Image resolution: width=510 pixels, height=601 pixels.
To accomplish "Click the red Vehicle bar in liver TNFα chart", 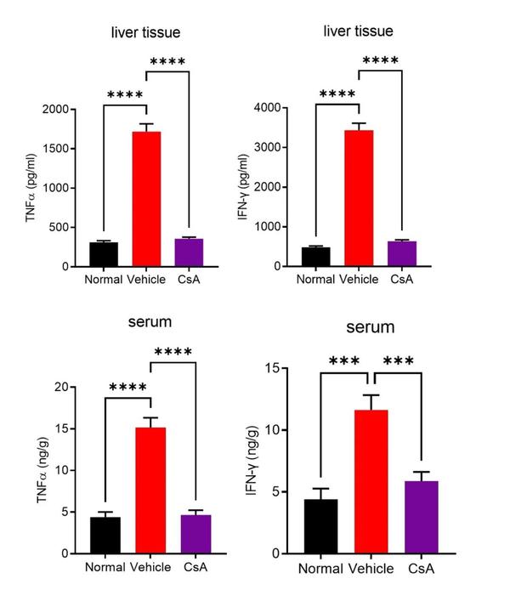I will (148, 199).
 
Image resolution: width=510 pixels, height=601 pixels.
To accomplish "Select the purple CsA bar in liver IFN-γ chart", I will (400, 253).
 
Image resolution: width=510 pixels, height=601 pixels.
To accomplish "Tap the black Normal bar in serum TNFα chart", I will (105, 535).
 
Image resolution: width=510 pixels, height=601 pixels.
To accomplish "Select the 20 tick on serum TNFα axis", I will (66, 388).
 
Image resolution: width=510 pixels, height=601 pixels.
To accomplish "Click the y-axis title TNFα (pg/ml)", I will (31, 188).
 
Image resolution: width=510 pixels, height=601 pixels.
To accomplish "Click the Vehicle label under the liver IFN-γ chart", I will (358, 279).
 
